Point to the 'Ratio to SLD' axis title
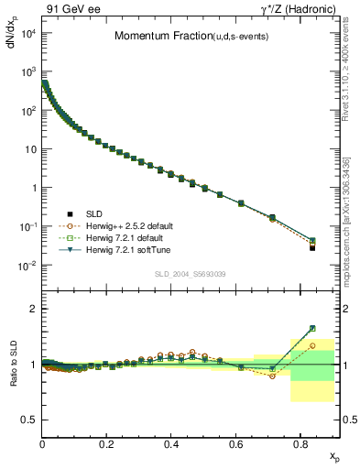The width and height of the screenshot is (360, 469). [13, 378]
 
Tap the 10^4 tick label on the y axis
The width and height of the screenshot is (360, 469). [27, 34]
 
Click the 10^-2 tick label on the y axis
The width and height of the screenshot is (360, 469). [27, 266]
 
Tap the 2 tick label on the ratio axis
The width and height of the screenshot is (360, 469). [32, 309]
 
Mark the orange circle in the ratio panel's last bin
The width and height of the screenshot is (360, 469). [312, 345]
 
